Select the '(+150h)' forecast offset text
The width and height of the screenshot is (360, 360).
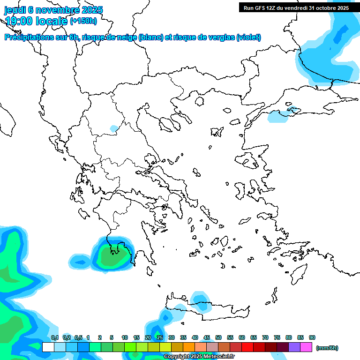83,21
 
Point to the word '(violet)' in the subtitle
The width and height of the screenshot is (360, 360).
249,37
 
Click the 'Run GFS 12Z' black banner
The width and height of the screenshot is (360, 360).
296,8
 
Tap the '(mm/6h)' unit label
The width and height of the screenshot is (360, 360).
327,348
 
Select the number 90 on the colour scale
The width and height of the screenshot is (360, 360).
312,338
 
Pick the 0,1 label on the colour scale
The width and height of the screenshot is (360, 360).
55,338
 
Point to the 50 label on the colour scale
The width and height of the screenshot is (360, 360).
218,338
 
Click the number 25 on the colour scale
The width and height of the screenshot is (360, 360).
160,338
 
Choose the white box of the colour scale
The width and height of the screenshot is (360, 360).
48,347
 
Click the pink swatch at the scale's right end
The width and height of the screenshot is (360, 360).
306,347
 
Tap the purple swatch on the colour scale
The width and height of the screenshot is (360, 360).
294,347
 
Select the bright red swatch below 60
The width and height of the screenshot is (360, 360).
247,347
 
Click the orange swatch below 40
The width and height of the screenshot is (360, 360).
189,347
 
